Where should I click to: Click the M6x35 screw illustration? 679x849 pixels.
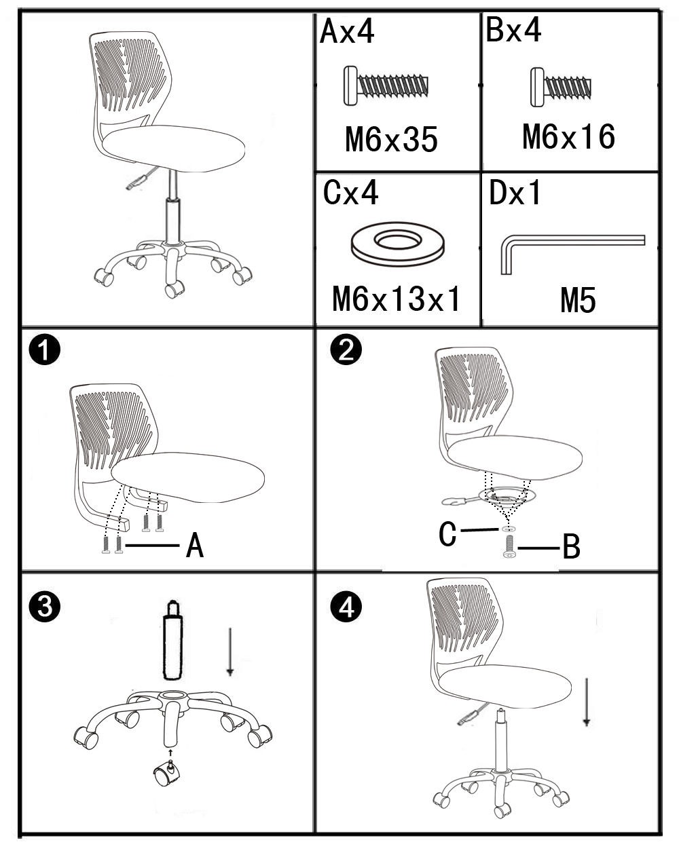point(386,86)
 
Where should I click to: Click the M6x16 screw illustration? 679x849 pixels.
point(561,87)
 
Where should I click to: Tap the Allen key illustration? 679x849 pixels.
point(572,254)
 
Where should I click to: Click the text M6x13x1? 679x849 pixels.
point(396,299)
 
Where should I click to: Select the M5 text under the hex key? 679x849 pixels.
point(578,300)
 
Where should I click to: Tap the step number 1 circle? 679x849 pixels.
point(45,350)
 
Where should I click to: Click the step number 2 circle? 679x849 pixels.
point(346,350)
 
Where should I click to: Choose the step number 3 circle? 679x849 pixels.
point(45,606)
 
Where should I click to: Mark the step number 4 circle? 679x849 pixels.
point(346,607)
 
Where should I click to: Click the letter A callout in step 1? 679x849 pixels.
point(195,545)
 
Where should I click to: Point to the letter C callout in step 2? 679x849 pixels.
point(447,534)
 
